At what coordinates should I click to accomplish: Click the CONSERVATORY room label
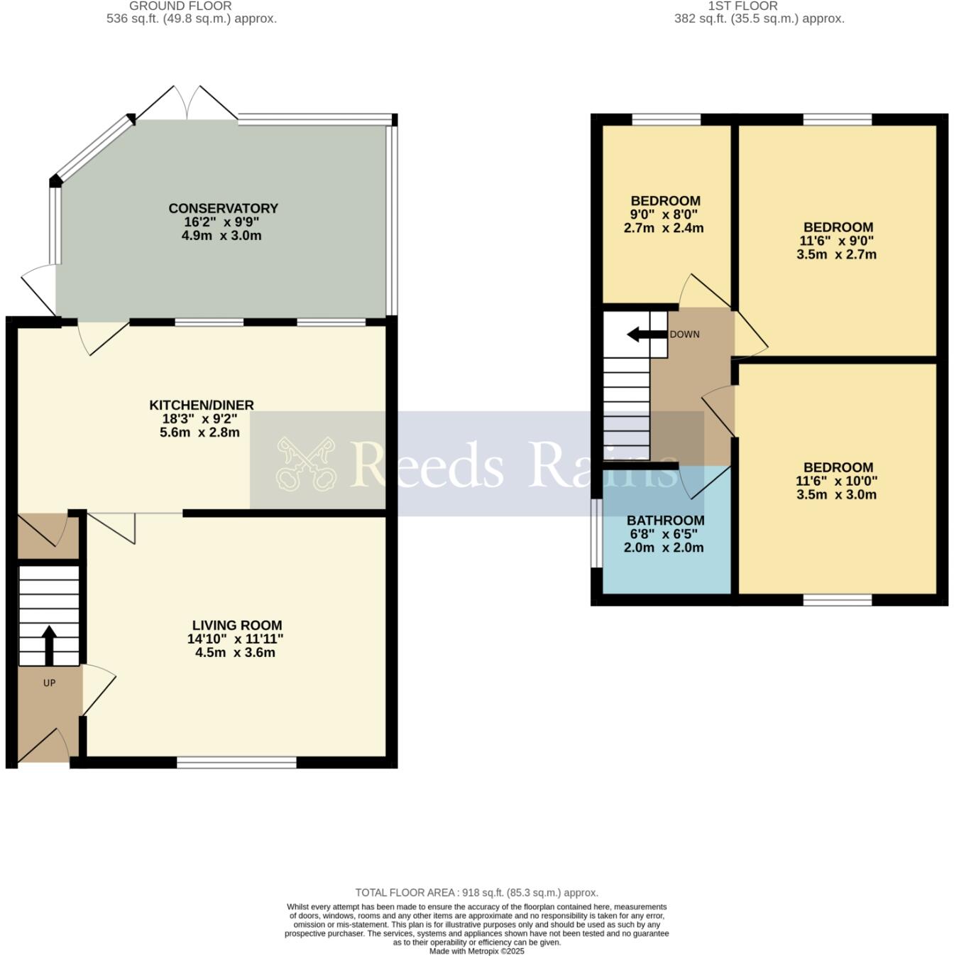tap(223, 208)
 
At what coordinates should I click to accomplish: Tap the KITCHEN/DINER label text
tap(201, 405)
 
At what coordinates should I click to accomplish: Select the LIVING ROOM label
tap(236, 625)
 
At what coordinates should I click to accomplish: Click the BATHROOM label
tap(665, 521)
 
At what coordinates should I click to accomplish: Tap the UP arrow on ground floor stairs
tap(49, 643)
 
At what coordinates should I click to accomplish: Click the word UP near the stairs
tap(49, 683)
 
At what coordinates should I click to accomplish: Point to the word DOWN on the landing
tap(684, 335)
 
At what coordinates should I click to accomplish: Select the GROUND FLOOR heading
tap(180, 6)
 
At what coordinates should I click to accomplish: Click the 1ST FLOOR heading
tap(742, 6)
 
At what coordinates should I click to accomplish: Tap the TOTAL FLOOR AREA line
tap(476, 893)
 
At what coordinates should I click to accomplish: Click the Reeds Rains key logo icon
tap(306, 464)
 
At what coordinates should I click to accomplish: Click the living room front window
tap(236, 762)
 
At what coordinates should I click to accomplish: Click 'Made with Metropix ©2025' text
tap(476, 951)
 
